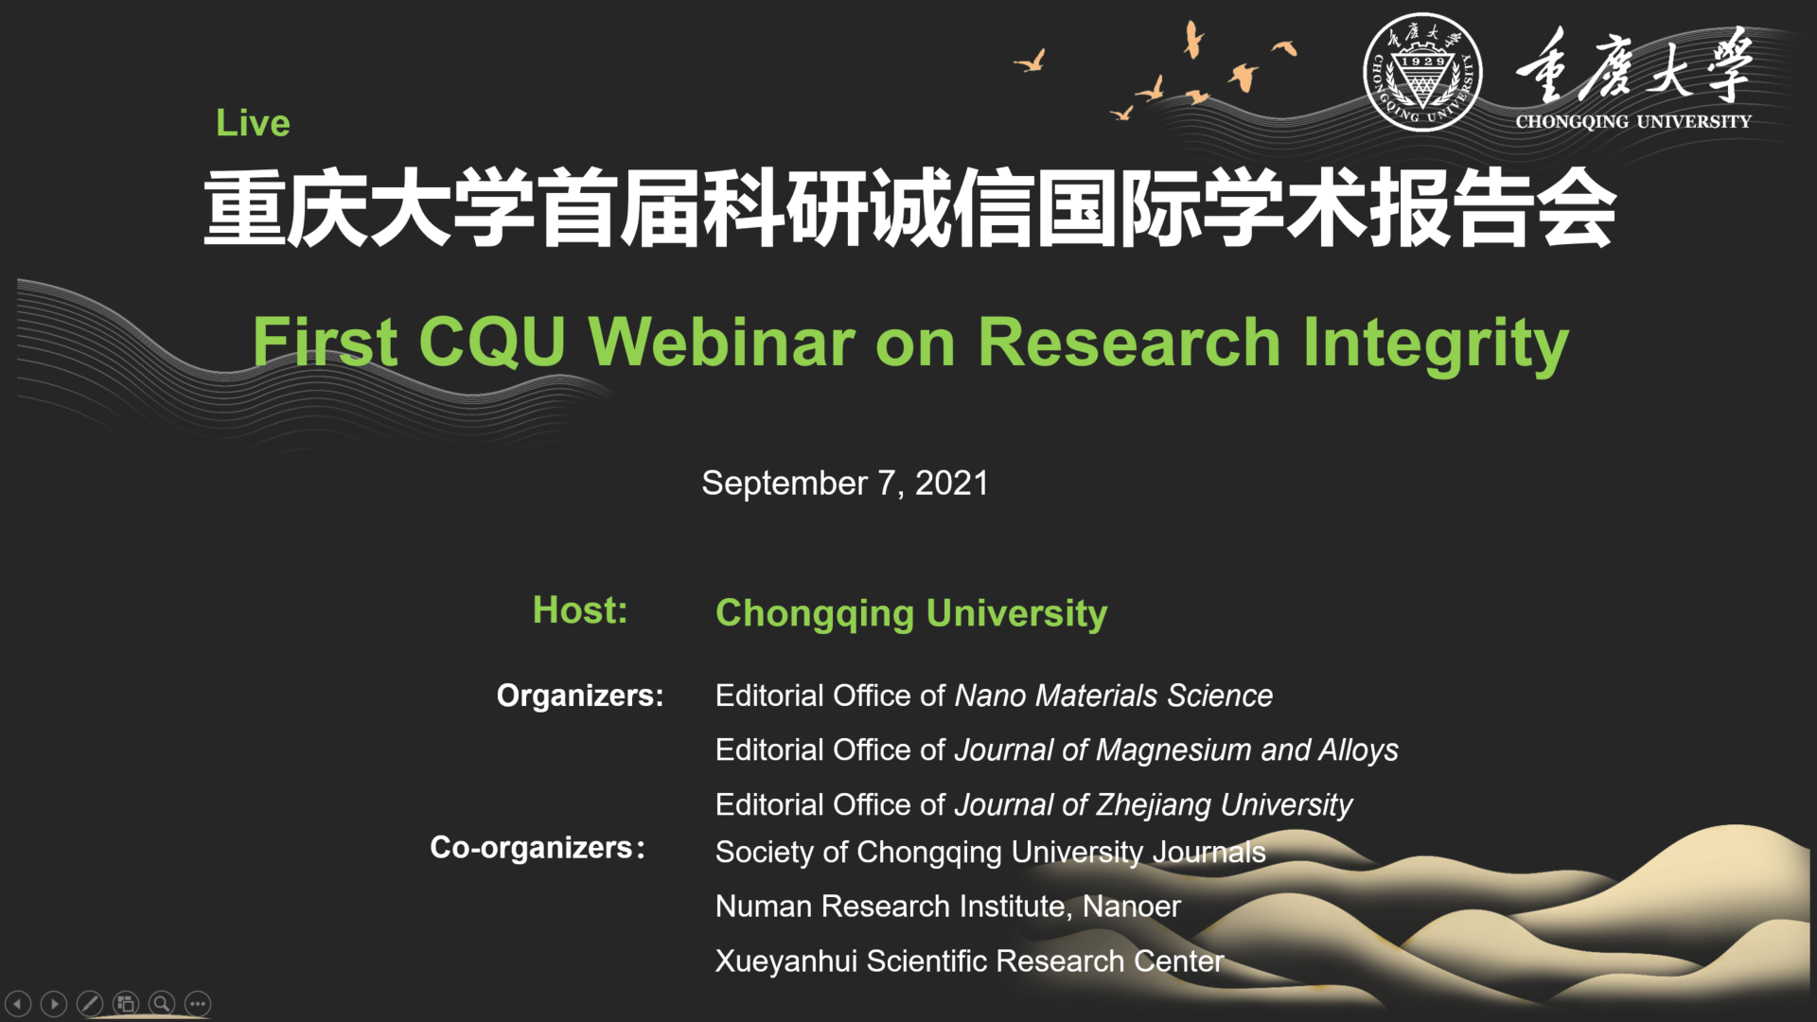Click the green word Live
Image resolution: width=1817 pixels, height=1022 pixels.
(x=253, y=123)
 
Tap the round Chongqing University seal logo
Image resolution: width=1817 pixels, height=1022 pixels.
(x=1421, y=72)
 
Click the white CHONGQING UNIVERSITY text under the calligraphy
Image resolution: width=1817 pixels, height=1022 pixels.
(x=1633, y=121)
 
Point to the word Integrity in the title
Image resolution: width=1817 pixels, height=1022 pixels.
(x=1436, y=344)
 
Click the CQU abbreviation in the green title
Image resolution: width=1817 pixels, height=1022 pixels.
(x=492, y=342)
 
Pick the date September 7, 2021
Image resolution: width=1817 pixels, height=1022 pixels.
(x=845, y=484)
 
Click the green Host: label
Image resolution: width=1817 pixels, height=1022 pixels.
(x=580, y=610)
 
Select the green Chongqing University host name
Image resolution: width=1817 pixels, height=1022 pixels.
(x=911, y=614)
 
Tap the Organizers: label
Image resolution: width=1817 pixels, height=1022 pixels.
(x=580, y=696)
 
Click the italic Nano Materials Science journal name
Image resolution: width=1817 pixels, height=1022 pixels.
(x=1114, y=696)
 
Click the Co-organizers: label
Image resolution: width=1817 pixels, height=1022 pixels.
(x=538, y=847)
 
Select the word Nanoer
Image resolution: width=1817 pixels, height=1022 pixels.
(x=1132, y=907)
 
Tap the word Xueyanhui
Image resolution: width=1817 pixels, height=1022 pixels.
(x=786, y=961)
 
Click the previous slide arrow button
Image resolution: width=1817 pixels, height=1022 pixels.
(x=18, y=1003)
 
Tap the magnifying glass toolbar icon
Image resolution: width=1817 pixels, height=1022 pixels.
(x=162, y=1003)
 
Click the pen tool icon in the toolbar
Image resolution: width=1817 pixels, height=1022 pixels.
(x=90, y=1003)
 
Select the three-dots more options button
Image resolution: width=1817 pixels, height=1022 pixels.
(x=198, y=1003)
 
